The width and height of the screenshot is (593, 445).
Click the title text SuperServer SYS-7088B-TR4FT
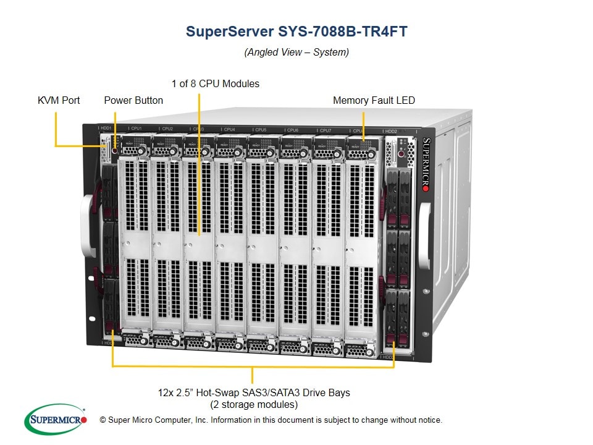296,32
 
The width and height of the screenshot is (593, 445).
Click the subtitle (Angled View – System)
296,53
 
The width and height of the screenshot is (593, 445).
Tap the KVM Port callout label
59,100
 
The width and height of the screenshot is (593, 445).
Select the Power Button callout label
133,100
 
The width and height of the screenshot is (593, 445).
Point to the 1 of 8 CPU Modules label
216,83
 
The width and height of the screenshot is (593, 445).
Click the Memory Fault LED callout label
374,100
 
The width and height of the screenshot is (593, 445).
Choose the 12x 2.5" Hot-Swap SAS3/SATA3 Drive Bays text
253,392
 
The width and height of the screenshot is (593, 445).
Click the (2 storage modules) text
253,405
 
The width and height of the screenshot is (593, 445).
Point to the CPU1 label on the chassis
137,129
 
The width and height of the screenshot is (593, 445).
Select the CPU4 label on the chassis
229,129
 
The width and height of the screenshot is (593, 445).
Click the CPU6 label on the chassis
292,130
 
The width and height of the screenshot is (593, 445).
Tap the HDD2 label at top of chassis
391,132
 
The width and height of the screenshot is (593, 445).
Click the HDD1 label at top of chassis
107,128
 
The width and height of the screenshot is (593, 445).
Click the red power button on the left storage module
115,151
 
